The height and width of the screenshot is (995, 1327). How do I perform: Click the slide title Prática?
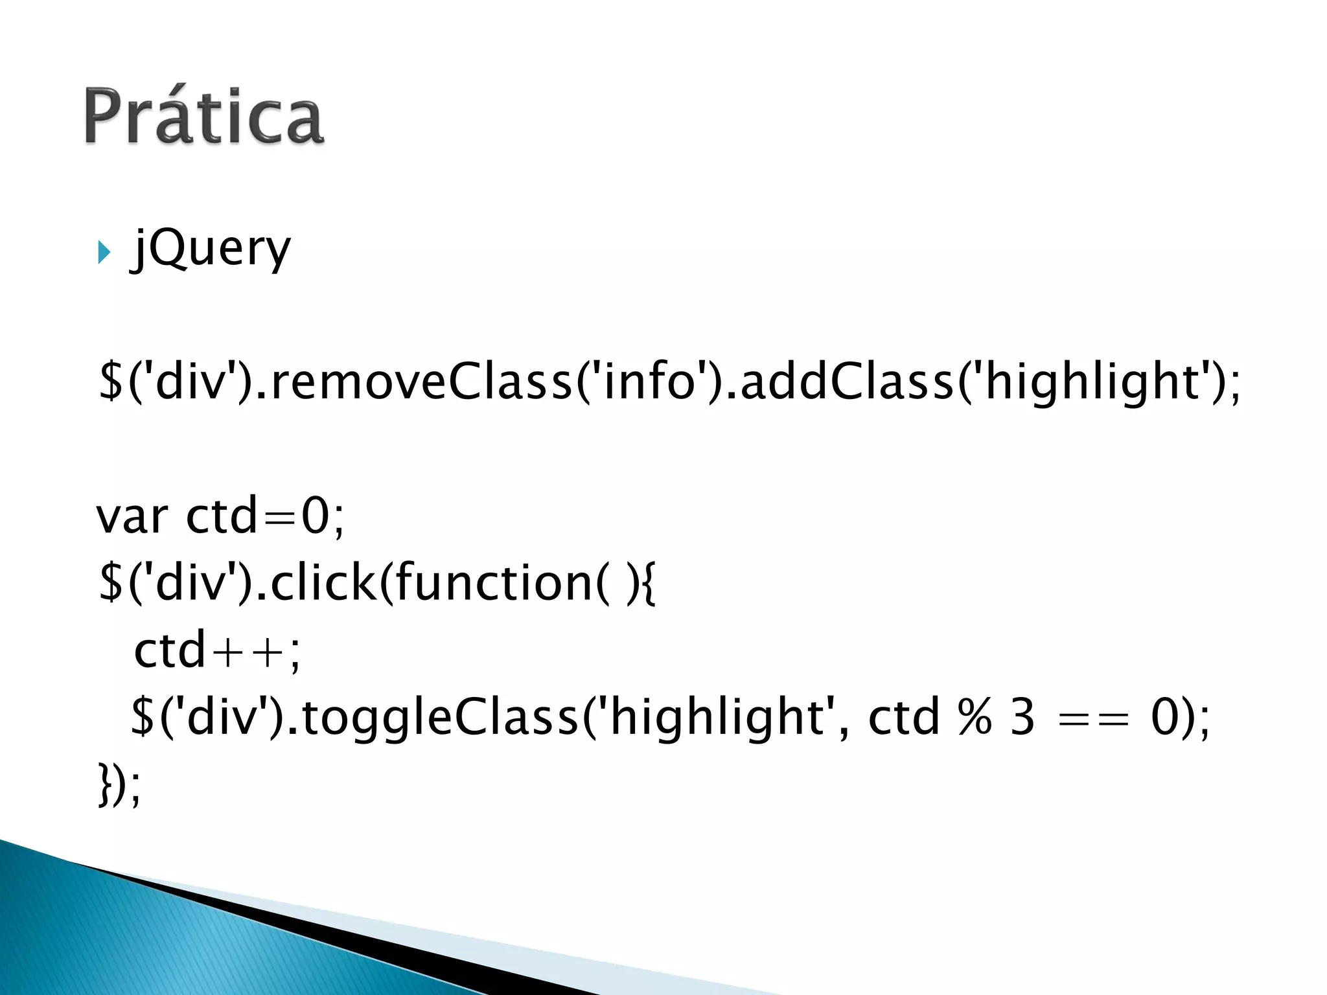203,117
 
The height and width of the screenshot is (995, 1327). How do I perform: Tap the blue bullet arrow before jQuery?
104,252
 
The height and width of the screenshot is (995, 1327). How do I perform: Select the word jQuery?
211,249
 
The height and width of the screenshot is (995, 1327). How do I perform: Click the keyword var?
132,517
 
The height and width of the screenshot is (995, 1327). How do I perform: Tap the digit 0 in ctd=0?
316,517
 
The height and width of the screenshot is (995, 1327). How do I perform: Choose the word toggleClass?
439,718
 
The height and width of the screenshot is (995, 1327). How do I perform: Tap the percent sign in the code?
975,718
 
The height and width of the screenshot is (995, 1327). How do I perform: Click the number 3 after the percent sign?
1022,718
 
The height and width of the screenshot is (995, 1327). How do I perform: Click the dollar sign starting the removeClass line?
110,382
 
